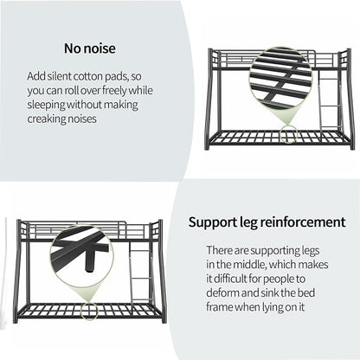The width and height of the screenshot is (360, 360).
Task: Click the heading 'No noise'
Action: tap(90, 48)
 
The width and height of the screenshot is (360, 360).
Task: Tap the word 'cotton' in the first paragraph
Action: tap(87, 76)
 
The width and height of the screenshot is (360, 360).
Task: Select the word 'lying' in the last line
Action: tap(273, 307)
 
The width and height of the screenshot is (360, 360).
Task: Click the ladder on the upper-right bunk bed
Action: tap(331, 101)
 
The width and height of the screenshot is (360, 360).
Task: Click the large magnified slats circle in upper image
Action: tap(280, 80)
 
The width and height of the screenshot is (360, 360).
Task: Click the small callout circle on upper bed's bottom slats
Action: tap(289, 134)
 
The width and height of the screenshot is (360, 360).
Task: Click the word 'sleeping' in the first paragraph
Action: tap(46, 105)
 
